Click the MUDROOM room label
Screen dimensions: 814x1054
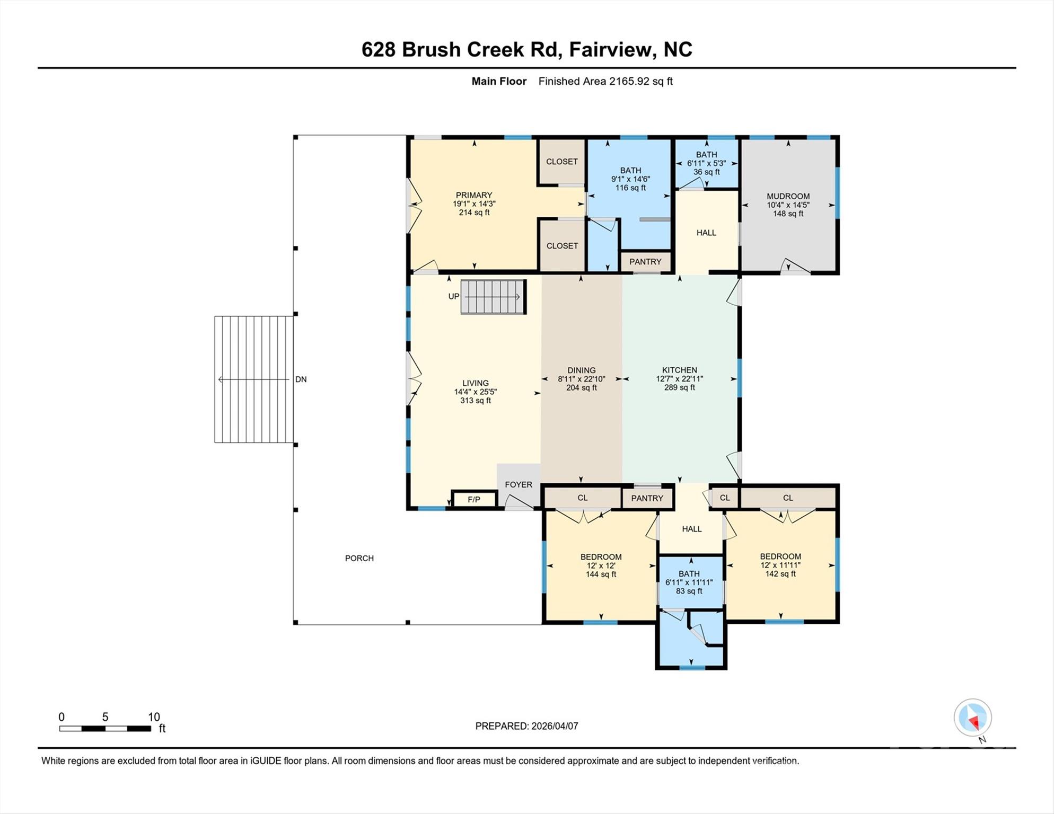tap(788, 196)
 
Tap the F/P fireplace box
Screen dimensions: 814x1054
tap(473, 500)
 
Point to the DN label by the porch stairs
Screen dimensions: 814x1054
tap(301, 379)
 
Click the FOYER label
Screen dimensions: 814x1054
tap(518, 484)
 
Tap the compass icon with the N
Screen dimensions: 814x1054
tap(972, 718)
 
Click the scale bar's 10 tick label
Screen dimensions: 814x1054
tap(154, 717)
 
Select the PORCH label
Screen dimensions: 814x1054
tap(359, 558)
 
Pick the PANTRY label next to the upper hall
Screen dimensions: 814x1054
tap(645, 262)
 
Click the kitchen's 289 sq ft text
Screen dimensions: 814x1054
tap(679, 387)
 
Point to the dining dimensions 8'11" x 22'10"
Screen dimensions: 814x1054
tap(581, 379)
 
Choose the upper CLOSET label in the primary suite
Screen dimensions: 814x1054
tap(561, 162)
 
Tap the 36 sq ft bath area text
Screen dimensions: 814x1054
tap(706, 172)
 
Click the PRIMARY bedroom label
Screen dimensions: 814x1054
tap(474, 195)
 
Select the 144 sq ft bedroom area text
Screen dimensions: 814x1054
tap(601, 574)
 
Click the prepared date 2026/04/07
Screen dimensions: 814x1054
tap(554, 726)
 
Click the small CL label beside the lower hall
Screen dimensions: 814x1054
tap(725, 498)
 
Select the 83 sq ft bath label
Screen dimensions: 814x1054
tap(689, 591)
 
